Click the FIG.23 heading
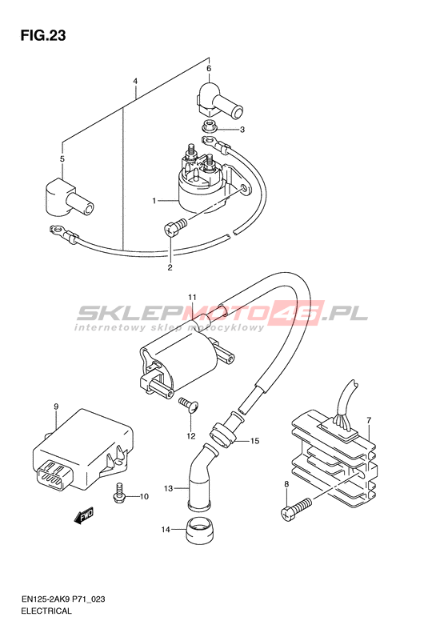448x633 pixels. click(x=43, y=35)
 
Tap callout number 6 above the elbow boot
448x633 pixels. click(x=209, y=69)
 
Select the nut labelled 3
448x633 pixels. click(x=209, y=126)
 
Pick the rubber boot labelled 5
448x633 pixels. click(x=69, y=197)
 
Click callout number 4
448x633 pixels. click(x=135, y=81)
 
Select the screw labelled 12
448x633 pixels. click(x=190, y=405)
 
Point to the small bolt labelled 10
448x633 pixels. click(x=119, y=493)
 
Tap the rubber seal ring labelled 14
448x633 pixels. click(x=198, y=529)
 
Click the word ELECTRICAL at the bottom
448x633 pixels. click(x=46, y=611)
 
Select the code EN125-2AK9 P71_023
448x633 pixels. click(x=63, y=599)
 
